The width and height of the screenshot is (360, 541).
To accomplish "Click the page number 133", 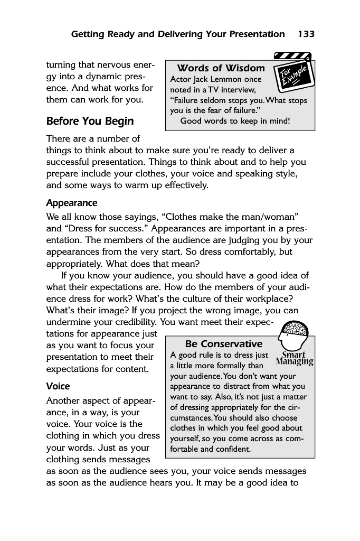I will (x=306, y=34).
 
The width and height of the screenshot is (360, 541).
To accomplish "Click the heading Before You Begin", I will (x=90, y=121).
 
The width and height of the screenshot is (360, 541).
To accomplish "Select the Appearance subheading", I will (x=72, y=203).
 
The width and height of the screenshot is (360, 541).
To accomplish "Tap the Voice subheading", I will (x=58, y=386).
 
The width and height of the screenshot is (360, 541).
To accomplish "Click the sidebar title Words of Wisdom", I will (x=221, y=68).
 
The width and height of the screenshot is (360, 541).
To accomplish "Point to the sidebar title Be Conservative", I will (x=224, y=344).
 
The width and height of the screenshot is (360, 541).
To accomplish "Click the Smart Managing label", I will (x=295, y=359).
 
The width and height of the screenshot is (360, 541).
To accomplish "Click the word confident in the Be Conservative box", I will (x=231, y=449).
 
